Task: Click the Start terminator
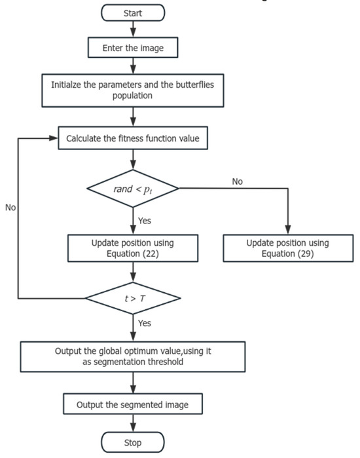click(134, 12)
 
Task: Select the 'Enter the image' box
click(134, 48)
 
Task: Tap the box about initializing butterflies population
click(134, 90)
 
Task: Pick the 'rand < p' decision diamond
click(134, 189)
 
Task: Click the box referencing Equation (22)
click(134, 248)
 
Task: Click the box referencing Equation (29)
click(287, 248)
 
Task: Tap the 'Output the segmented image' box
click(134, 405)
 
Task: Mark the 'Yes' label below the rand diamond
click(145, 220)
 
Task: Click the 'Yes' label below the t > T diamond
click(145, 322)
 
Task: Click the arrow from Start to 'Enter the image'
click(134, 29)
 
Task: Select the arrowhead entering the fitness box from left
click(56, 138)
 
